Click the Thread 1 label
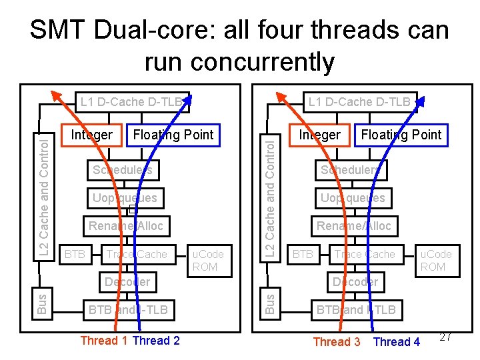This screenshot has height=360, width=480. [x=104, y=341]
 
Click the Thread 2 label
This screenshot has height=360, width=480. [x=157, y=341]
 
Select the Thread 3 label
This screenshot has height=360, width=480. [x=337, y=342]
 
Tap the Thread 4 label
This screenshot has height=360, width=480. [x=397, y=342]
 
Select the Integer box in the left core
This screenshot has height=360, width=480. [x=92, y=135]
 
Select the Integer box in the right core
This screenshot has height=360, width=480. [x=319, y=135]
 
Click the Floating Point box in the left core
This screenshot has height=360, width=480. [x=173, y=135]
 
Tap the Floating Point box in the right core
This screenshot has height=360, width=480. [x=401, y=135]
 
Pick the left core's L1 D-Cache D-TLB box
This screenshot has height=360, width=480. [x=131, y=102]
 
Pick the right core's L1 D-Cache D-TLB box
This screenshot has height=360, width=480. [x=359, y=102]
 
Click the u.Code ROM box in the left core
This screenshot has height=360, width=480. [x=208, y=260]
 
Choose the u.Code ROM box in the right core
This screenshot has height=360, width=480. [x=435, y=260]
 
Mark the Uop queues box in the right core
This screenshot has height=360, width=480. [x=353, y=198]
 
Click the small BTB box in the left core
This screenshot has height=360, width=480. [x=75, y=254]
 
